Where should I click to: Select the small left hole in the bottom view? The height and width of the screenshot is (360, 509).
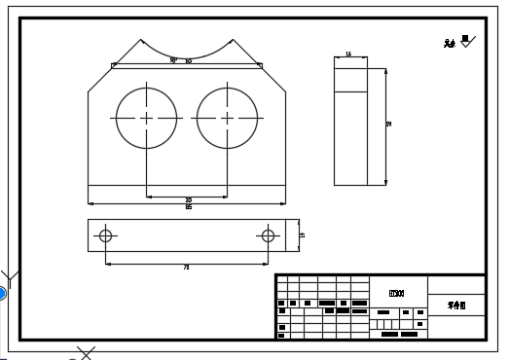click(x=106, y=235)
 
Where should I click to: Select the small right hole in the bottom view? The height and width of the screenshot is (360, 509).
click(x=268, y=235)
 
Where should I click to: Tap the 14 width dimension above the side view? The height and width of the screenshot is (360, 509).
click(x=349, y=54)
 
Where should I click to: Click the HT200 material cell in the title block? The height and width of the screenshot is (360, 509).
click(x=396, y=292)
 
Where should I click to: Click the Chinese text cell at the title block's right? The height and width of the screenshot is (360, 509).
click(x=456, y=305)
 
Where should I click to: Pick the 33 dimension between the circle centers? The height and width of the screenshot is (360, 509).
click(x=188, y=199)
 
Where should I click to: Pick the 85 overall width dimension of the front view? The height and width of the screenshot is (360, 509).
click(x=188, y=206)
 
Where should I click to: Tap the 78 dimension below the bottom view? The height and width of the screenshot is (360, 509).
click(x=186, y=266)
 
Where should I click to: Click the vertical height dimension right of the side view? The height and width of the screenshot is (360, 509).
click(x=388, y=125)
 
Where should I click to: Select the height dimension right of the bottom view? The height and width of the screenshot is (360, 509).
click(x=301, y=234)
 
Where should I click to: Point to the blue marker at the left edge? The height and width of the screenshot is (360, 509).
click(x=2, y=293)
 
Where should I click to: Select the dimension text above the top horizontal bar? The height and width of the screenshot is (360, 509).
click(x=181, y=60)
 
